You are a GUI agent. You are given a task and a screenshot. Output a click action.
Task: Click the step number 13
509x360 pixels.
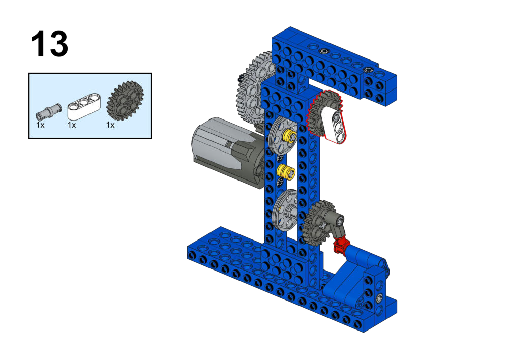pos(49,44)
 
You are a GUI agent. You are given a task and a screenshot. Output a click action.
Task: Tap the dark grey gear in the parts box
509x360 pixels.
pos(125,101)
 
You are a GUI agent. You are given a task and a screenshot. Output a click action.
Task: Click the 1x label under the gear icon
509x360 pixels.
pos(110,125)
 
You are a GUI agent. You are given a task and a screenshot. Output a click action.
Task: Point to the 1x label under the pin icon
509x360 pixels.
pos(40,125)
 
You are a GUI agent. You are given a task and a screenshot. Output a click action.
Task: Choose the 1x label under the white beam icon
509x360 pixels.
pos(72,125)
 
